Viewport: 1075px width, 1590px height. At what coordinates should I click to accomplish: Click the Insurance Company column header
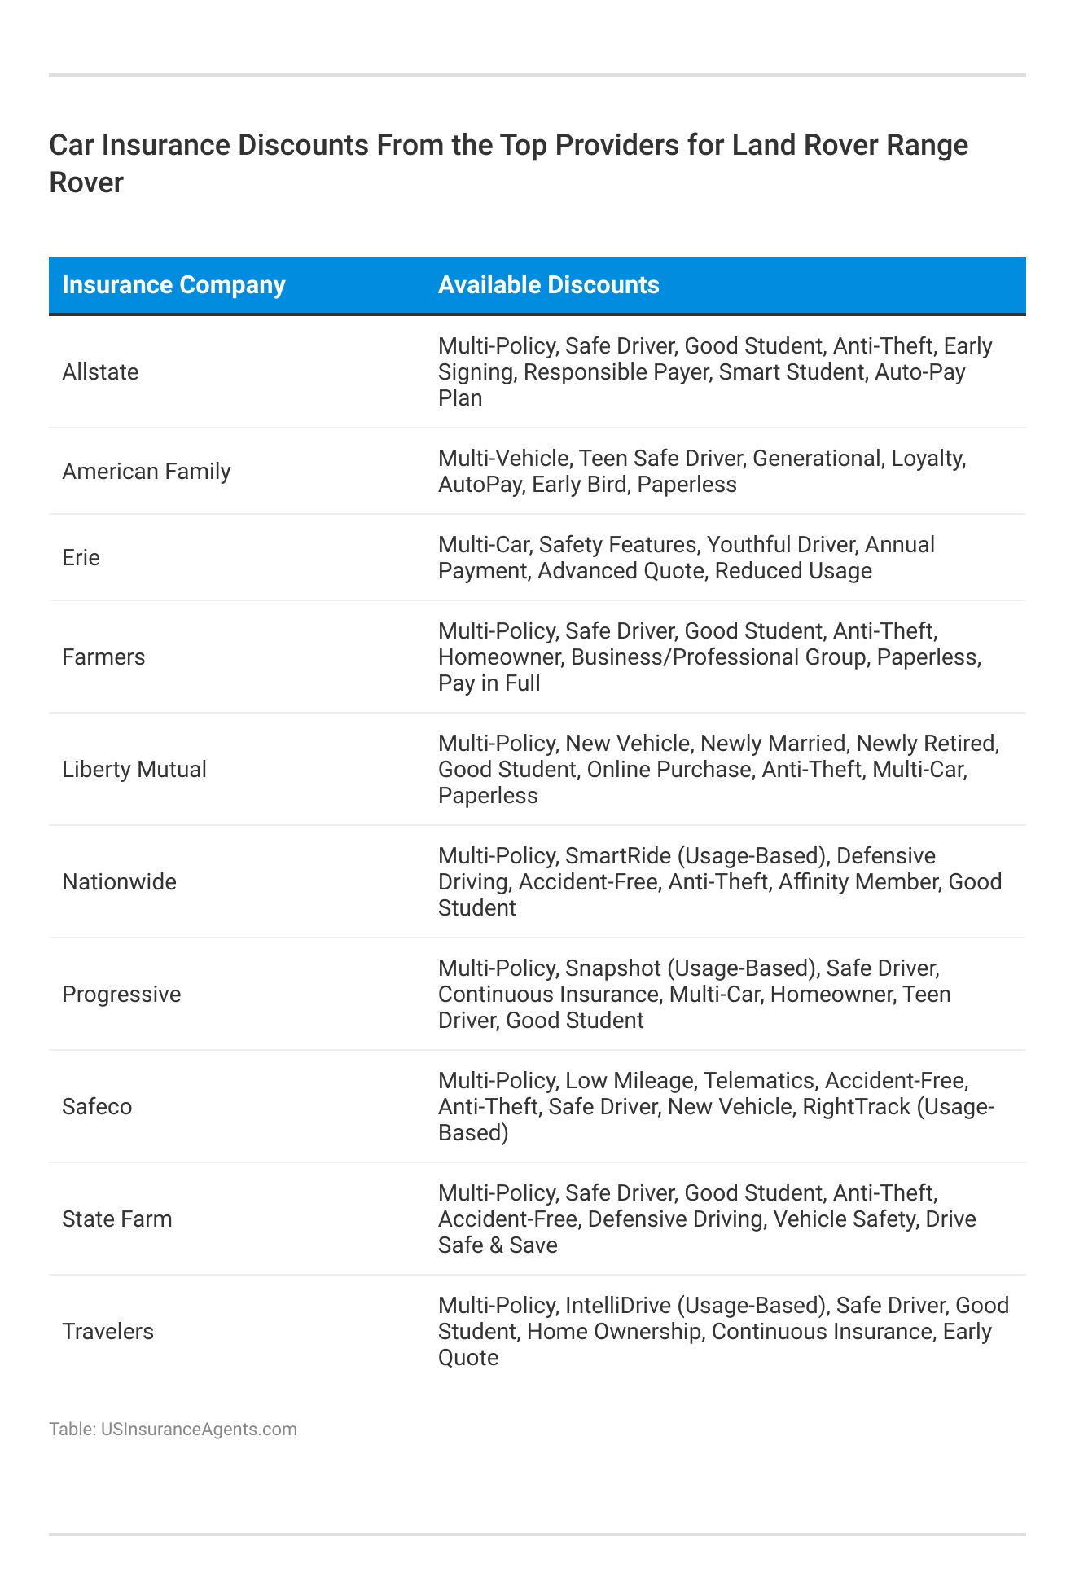point(173,285)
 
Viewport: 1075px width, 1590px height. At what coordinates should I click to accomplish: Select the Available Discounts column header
point(548,285)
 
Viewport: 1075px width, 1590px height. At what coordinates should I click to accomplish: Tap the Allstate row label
point(100,372)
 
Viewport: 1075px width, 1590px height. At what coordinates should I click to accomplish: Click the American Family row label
point(147,472)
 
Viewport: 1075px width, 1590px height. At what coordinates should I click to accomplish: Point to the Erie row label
point(81,558)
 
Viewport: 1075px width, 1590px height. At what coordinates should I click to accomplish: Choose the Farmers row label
point(103,657)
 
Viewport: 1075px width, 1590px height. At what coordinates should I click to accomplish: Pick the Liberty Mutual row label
point(134,770)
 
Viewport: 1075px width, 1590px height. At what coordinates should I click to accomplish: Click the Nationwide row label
point(119,882)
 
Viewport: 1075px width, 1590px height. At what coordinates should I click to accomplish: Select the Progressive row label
point(121,995)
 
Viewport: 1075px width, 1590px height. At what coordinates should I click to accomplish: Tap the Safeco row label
point(97,1107)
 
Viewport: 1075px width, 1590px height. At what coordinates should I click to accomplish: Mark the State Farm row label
point(117,1219)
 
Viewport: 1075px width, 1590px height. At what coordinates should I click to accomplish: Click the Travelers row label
point(107,1332)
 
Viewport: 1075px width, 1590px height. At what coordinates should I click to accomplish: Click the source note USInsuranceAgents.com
point(199,1430)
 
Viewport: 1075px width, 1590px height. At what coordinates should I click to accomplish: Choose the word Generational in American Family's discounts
point(816,459)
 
